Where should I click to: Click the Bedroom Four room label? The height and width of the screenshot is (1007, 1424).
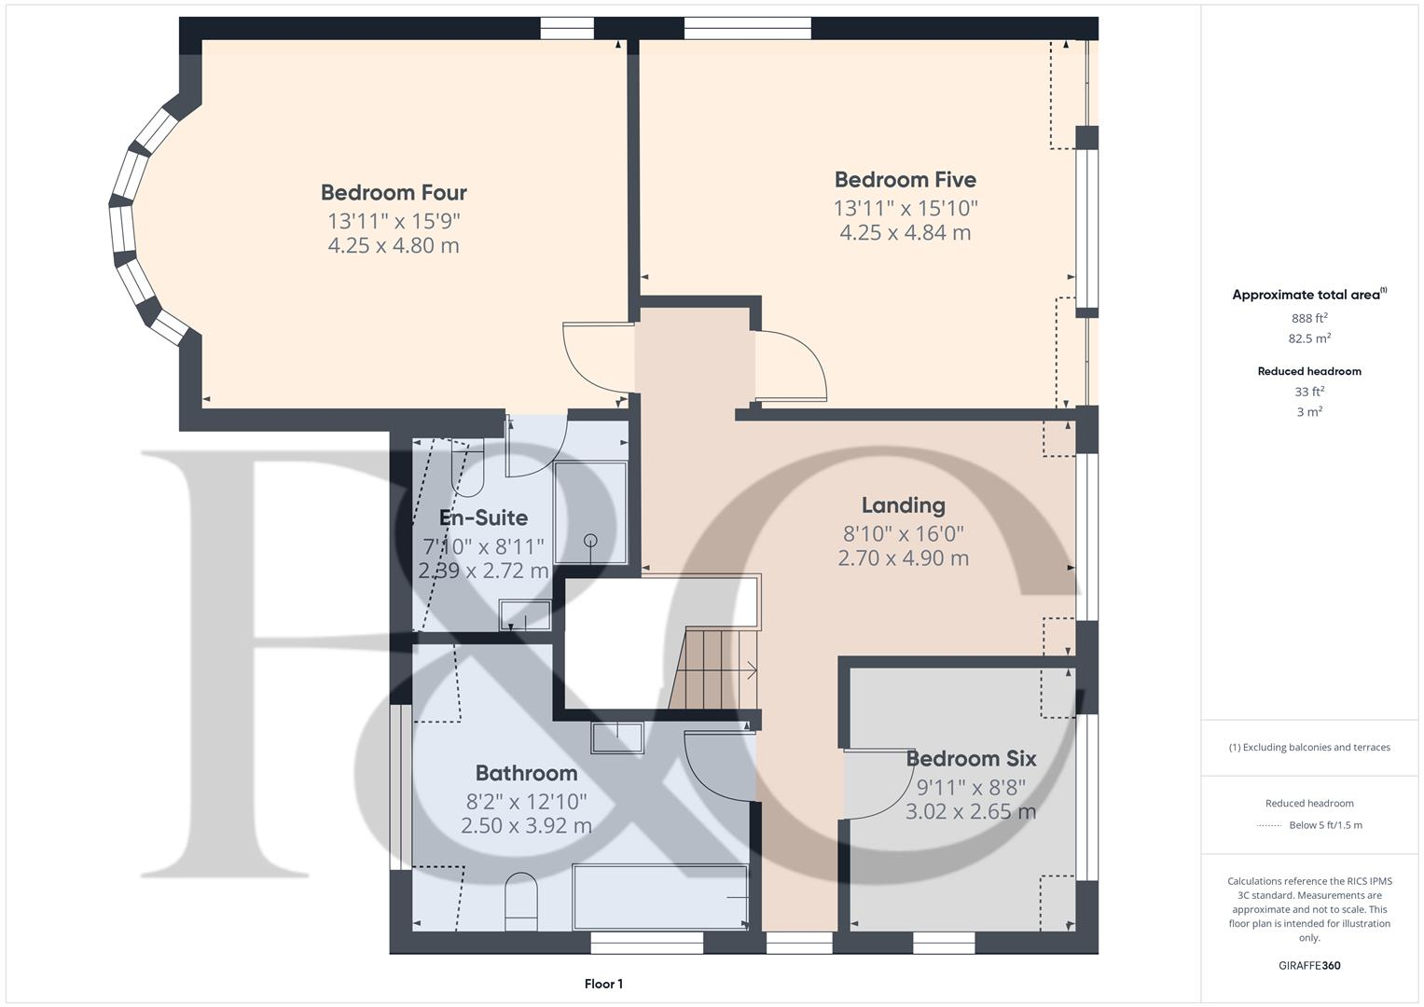394,193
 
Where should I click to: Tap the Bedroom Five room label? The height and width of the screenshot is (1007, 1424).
905,180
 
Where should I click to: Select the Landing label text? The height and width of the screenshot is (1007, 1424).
903,505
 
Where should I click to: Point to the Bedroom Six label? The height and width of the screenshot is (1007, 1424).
971,759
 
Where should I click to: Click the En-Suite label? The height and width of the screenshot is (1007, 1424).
483,518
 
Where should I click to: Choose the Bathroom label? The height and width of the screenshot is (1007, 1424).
526,773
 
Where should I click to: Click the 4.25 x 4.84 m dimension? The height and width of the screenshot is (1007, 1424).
905,233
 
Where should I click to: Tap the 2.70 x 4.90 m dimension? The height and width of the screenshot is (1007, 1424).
903,559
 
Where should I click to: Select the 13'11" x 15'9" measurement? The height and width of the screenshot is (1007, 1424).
394,221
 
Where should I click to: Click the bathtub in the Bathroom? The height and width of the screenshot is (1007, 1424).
660,897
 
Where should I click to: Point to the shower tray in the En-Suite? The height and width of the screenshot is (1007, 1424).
590,513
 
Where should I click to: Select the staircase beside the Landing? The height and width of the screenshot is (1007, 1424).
713,668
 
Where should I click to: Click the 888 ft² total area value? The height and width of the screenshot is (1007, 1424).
1309,318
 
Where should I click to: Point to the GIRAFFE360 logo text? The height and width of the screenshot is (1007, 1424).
1309,966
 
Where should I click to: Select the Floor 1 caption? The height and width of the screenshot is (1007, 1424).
603,984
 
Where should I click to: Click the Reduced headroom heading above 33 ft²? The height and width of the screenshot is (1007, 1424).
1309,371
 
